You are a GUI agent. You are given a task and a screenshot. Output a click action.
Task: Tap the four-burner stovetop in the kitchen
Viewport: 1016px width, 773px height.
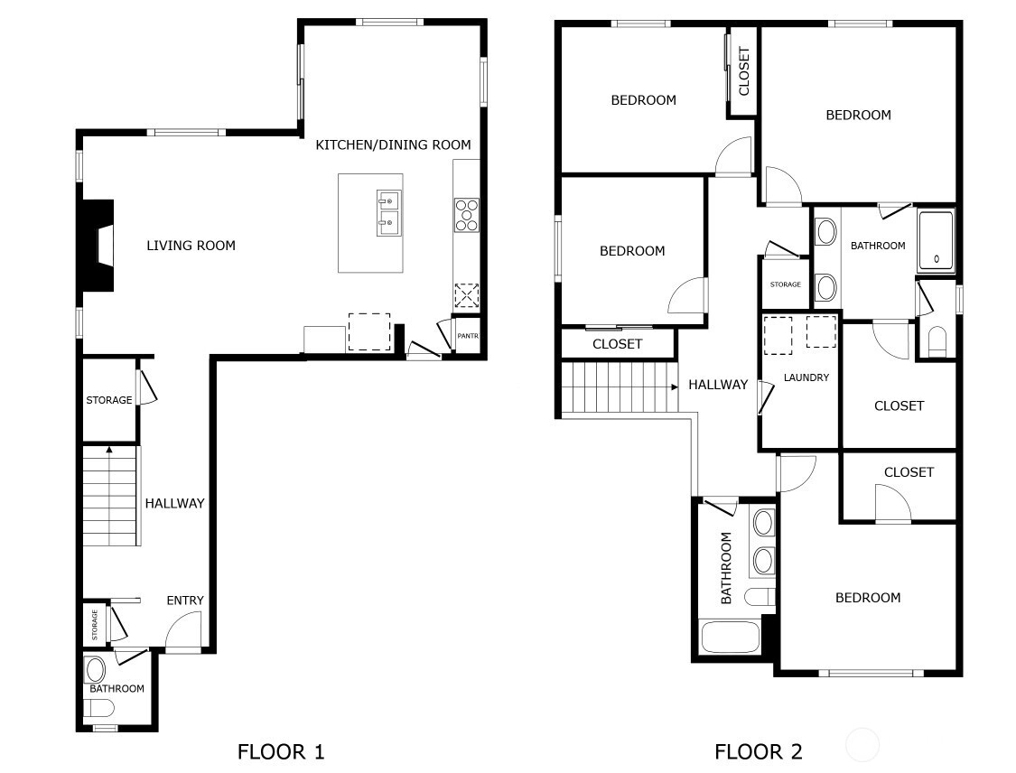click(x=467, y=215)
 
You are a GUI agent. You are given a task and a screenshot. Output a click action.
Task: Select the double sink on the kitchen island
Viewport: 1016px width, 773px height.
click(x=388, y=213)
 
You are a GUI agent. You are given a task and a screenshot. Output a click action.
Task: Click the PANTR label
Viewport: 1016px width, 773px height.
click(x=468, y=336)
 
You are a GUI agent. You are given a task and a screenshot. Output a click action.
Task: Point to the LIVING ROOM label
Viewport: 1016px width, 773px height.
click(x=191, y=246)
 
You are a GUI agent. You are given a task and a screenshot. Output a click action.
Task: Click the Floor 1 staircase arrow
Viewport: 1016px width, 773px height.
click(x=109, y=449)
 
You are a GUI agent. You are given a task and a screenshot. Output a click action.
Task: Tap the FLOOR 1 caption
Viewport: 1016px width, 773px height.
click(x=281, y=751)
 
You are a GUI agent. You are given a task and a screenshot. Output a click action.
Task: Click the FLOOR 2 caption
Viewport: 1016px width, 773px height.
click(x=758, y=751)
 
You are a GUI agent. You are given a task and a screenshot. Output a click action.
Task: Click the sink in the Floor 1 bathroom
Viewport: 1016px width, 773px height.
click(x=95, y=671)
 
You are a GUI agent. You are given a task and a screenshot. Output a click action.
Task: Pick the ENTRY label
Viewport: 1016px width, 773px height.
click(x=184, y=601)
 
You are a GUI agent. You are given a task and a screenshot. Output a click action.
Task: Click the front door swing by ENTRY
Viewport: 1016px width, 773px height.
click(x=183, y=629)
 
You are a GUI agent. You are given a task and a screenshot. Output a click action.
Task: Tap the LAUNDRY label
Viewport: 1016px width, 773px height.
click(x=806, y=377)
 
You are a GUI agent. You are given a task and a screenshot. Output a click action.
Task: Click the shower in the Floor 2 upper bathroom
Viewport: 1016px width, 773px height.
click(x=936, y=240)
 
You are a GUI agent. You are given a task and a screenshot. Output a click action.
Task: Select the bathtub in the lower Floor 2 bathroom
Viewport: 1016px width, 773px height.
click(x=731, y=638)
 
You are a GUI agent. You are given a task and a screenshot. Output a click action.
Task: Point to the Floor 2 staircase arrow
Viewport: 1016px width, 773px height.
click(x=674, y=386)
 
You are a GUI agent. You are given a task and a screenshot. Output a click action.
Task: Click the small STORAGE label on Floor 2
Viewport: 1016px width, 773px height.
click(x=786, y=284)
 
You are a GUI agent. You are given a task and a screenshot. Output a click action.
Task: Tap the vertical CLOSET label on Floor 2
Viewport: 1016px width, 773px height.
click(x=744, y=71)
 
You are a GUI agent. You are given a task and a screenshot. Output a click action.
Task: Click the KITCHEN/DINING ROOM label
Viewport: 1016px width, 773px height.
click(x=394, y=144)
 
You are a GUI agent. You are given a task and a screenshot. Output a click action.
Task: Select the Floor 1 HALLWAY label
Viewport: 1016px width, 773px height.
click(x=174, y=504)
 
